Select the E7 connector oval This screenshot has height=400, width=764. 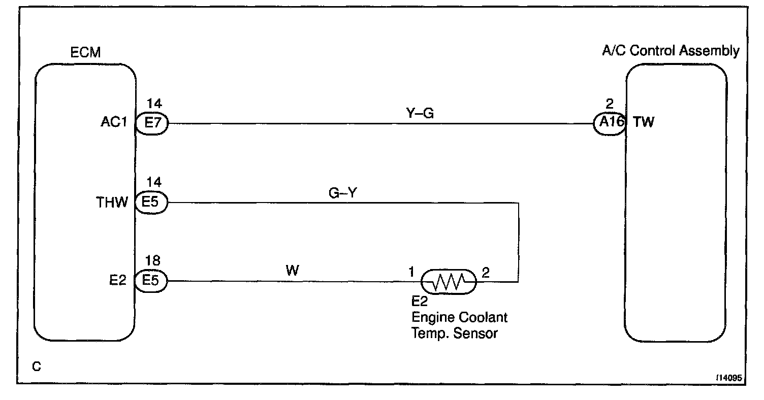pos(151,123)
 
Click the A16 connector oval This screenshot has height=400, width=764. pos(610,123)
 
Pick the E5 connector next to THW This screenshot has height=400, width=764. pos(151,203)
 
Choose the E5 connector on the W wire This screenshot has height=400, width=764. pos(151,281)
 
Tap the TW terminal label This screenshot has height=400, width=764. pos(644,123)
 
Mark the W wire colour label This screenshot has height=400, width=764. pos(292,271)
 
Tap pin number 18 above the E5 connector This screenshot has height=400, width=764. pos(153,261)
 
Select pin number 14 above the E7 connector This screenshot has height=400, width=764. pos(154,104)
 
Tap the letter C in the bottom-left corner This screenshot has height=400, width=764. pos(36,366)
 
